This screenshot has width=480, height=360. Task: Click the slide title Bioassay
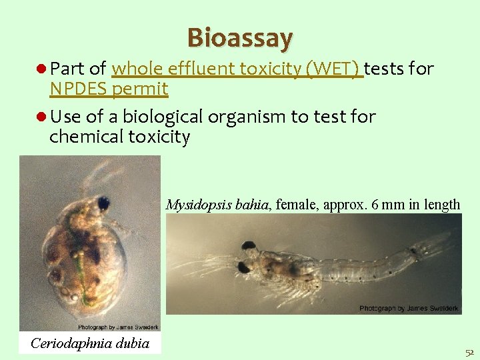click(240, 38)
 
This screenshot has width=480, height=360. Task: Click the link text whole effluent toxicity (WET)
click(237, 69)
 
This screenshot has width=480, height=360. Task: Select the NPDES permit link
click(109, 89)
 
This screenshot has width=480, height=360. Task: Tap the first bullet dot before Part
click(41, 69)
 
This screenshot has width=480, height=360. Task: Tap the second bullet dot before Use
click(41, 117)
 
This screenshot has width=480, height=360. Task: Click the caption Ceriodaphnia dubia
click(90, 343)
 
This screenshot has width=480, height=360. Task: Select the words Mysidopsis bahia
click(217, 204)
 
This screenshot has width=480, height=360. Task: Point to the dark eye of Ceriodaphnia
click(103, 203)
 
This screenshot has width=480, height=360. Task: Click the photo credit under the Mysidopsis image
click(409, 308)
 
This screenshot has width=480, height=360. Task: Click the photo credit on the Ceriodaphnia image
click(119, 327)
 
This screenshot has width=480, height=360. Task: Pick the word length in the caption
click(443, 204)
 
